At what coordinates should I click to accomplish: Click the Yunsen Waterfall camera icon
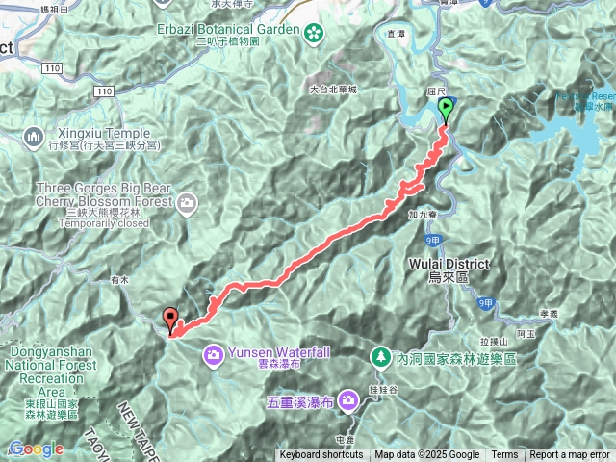[211, 355]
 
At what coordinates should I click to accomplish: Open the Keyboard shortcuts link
[321, 455]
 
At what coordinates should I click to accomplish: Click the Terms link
[504, 455]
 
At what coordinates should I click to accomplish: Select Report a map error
[571, 455]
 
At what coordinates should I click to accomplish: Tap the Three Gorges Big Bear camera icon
[186, 202]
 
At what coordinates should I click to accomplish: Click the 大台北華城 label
[334, 90]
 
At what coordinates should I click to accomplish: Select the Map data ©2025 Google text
[427, 455]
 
